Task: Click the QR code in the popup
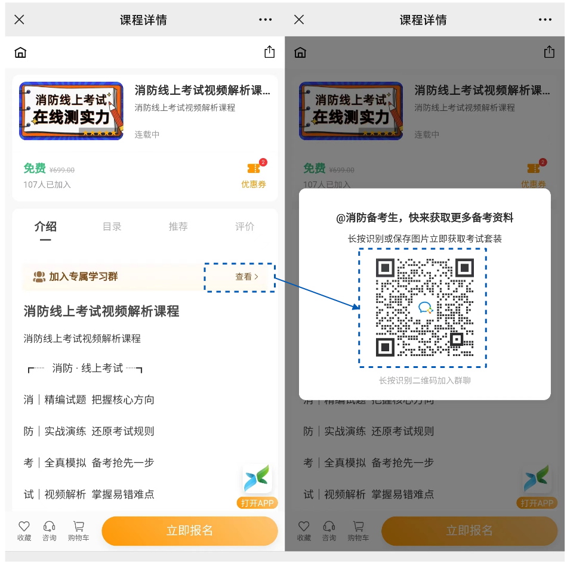tap(423, 308)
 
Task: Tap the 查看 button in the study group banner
tap(246, 277)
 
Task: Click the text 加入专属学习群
tap(83, 277)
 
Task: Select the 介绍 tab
tap(45, 227)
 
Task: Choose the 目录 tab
tap(112, 227)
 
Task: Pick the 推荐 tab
tap(178, 227)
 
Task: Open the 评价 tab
tap(245, 227)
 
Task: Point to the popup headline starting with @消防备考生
tap(424, 218)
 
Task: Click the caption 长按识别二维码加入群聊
tap(424, 381)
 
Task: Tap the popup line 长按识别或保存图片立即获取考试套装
tap(424, 239)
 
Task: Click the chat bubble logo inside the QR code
tap(425, 308)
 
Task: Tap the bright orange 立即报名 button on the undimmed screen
tap(189, 531)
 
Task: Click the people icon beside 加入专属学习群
tap(39, 277)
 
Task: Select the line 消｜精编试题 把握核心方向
tap(89, 400)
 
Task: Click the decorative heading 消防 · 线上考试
tap(87, 368)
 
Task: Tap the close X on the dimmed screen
tap(299, 20)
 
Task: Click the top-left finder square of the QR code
tap(385, 268)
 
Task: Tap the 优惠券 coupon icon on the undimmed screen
tap(254, 169)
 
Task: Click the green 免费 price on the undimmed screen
tap(35, 168)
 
